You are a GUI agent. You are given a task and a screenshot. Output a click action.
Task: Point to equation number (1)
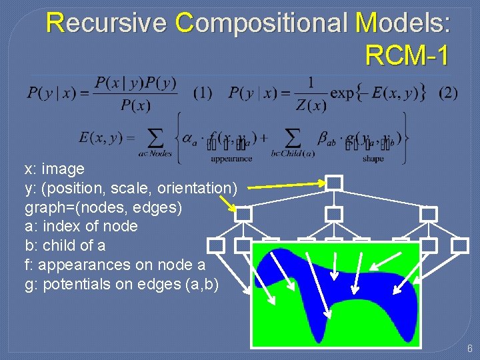pyautogui.click(x=203, y=93)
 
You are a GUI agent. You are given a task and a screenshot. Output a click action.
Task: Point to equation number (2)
pyautogui.click(x=448, y=93)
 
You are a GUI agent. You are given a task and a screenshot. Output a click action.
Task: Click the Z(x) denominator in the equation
pyautogui.click(x=311, y=105)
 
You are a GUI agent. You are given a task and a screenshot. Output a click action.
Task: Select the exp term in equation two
pyautogui.click(x=343, y=93)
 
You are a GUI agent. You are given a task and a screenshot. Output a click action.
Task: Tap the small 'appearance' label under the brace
pyautogui.click(x=231, y=159)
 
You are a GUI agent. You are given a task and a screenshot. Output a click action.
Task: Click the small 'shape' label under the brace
pyautogui.click(x=373, y=159)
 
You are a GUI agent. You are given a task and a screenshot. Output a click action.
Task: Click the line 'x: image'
pyautogui.click(x=55, y=169)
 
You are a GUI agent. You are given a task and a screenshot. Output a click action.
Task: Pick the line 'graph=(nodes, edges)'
pyautogui.click(x=103, y=207)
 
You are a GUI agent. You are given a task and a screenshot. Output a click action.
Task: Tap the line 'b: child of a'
pyautogui.click(x=65, y=245)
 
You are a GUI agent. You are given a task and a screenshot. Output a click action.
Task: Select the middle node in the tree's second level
pyautogui.click(x=334, y=214)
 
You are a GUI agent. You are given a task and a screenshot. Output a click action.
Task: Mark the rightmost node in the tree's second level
pyautogui.click(x=429, y=214)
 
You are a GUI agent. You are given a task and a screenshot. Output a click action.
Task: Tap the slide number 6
pyautogui.click(x=469, y=349)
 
